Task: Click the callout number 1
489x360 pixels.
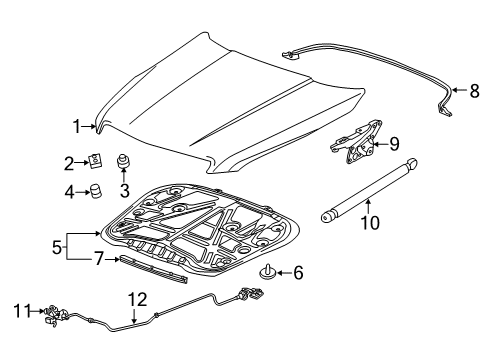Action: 76,126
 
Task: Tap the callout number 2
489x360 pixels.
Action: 70,163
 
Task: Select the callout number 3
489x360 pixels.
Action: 125,188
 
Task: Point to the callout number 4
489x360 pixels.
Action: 70,190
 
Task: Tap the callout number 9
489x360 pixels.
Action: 394,143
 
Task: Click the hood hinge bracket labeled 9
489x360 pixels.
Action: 357,142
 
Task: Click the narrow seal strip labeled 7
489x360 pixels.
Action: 150,265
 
